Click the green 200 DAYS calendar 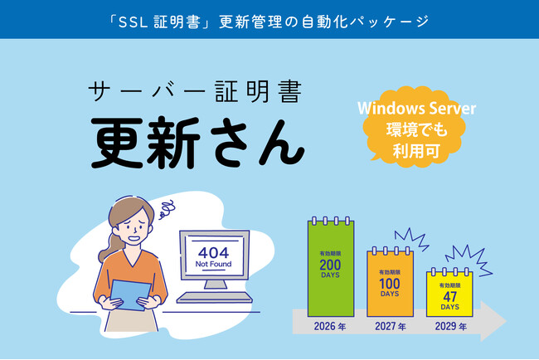[331, 267]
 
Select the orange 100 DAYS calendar [391, 283]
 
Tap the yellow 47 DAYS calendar [449, 294]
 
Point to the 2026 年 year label [330, 326]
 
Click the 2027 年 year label [391, 326]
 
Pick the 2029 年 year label [450, 326]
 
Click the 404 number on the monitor [213, 253]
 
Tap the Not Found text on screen [213, 264]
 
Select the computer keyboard [215, 297]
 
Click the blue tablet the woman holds [130, 295]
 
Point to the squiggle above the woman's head [167, 209]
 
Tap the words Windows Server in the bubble [416, 109]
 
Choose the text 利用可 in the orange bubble [416, 151]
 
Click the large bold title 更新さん [197, 143]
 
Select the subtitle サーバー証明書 [195, 91]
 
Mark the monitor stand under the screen [216, 285]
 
